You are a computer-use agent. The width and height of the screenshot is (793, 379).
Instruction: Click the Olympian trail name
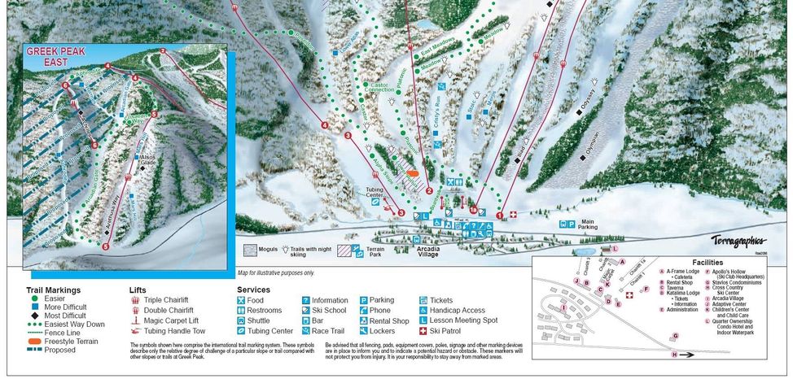click(592, 146)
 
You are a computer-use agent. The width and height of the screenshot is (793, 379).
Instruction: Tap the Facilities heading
click(708, 263)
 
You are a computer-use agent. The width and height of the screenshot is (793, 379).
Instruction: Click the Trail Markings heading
click(52, 290)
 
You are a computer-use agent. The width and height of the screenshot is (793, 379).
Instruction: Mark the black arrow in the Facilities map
click(687, 355)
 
